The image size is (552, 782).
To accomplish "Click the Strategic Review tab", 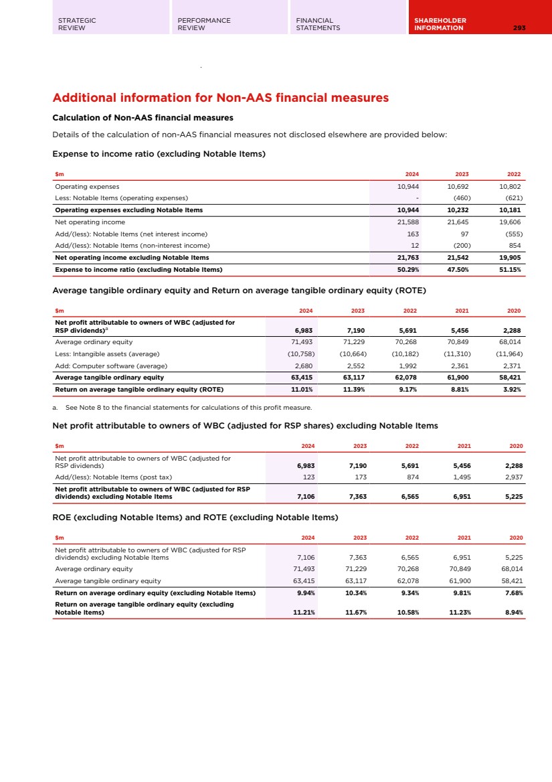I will click(77, 24).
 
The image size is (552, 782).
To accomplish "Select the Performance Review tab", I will click(204, 24).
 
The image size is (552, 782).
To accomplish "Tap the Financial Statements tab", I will click(318, 24).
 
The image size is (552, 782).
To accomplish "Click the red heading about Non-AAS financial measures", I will click(220, 98).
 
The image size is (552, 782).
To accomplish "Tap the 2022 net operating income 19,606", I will click(511, 222).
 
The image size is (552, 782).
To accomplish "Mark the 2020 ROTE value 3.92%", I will click(513, 389).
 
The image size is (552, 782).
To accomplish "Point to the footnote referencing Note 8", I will click(182, 408).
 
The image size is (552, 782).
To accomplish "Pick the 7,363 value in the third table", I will click(354, 497).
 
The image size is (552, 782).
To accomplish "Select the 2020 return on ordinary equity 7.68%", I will click(513, 593).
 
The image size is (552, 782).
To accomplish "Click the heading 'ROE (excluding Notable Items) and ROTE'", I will click(195, 517).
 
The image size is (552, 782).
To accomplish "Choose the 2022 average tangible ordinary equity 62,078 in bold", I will click(405, 378).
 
